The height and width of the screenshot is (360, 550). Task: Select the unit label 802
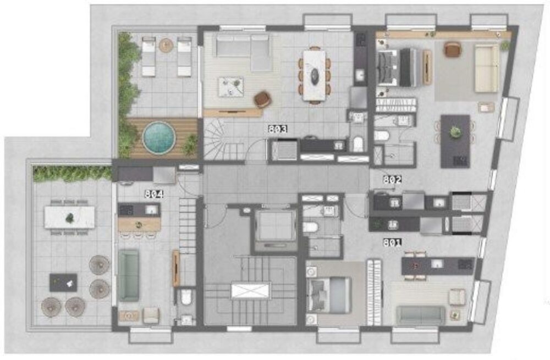click(393, 179)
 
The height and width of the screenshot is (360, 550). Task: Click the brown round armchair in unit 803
click(263, 99)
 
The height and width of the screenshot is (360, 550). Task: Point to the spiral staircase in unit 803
click(220, 141)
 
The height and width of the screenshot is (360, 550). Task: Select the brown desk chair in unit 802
click(452, 49)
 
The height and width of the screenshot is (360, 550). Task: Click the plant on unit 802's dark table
click(454, 132)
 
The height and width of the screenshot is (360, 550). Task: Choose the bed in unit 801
click(328, 295)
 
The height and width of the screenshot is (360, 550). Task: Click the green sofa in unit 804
click(128, 275)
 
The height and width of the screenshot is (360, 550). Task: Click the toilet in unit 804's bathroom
click(185, 298)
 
